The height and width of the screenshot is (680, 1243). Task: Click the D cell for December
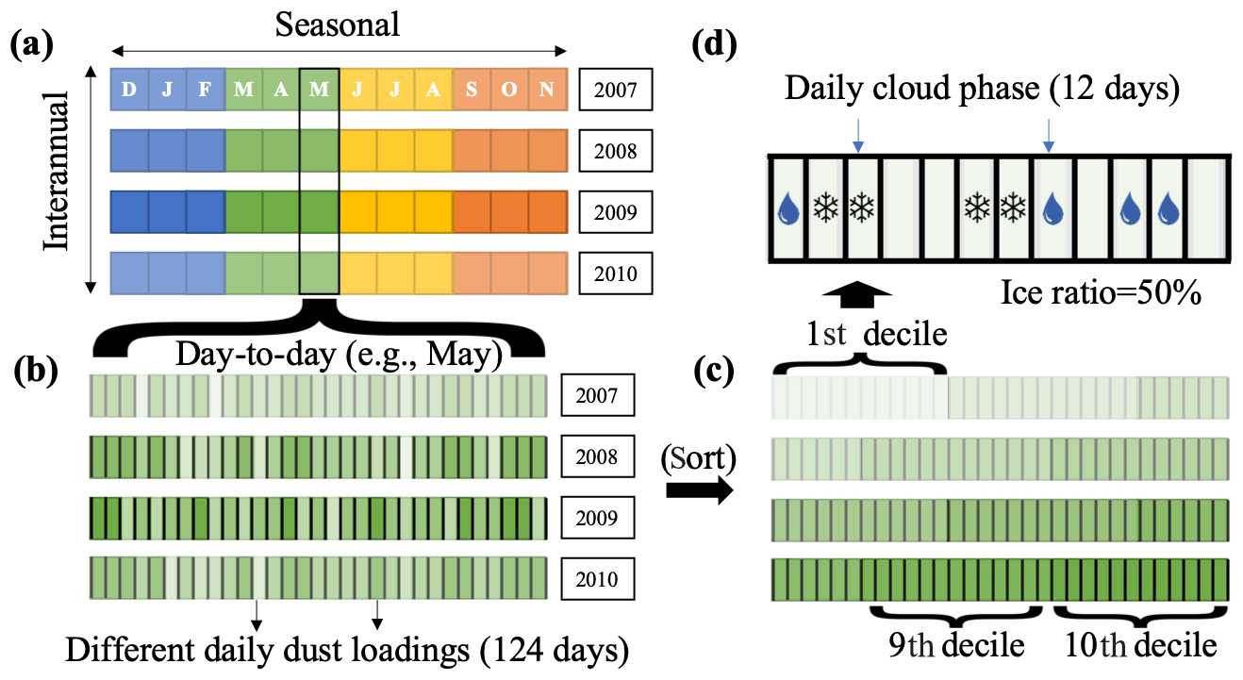tap(129, 91)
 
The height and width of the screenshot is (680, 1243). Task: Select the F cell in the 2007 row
tap(205, 91)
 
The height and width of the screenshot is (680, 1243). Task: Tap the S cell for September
tap(471, 91)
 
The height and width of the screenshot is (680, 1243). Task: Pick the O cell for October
tap(509, 91)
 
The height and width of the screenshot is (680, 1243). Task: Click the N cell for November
tap(547, 91)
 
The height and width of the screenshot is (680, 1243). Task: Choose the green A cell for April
tap(281, 91)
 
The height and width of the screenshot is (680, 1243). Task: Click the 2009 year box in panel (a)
tap(615, 213)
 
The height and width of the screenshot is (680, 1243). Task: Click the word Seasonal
tap(338, 25)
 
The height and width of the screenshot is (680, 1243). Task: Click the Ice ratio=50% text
tap(1100, 294)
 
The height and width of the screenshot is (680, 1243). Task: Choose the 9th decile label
tap(956, 646)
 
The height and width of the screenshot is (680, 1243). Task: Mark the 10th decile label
tap(1139, 646)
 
